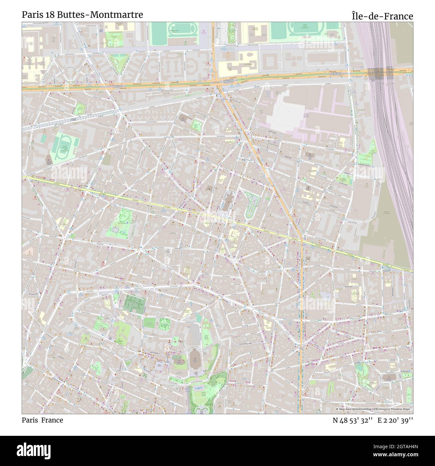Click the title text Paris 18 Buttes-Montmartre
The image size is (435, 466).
[x=82, y=15]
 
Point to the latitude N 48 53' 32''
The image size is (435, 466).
[x=353, y=420]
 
